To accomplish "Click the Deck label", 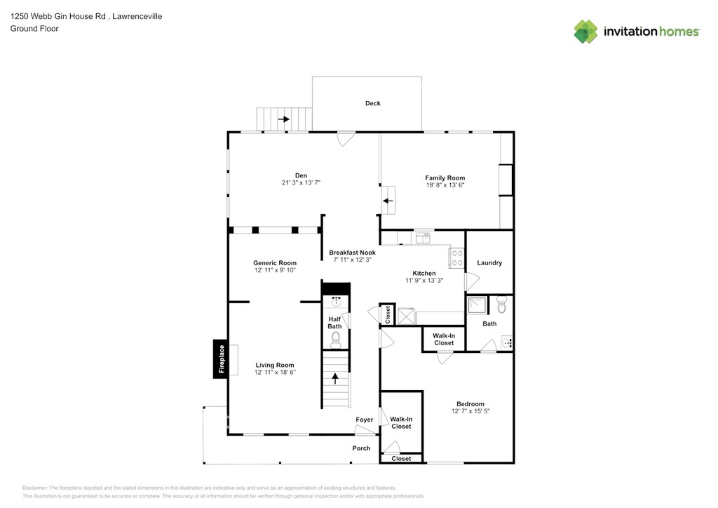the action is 373,104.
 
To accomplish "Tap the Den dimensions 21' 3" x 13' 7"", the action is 301,182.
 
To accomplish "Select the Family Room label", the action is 445,178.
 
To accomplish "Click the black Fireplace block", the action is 221,359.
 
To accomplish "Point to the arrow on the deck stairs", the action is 284,119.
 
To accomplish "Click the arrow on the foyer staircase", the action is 335,378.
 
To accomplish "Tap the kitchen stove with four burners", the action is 456,258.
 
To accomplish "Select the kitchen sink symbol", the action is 423,238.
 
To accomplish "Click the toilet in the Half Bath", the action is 336,340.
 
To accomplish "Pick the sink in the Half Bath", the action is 337,301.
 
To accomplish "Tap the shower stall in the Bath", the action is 477,305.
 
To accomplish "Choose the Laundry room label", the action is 489,263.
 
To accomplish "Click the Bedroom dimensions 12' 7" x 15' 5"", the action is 470,411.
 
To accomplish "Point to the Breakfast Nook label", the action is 352,253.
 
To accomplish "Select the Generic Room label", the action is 275,263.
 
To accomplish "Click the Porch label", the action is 361,448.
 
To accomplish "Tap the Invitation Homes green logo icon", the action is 586,32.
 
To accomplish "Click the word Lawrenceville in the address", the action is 137,16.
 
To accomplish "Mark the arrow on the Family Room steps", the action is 388,201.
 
